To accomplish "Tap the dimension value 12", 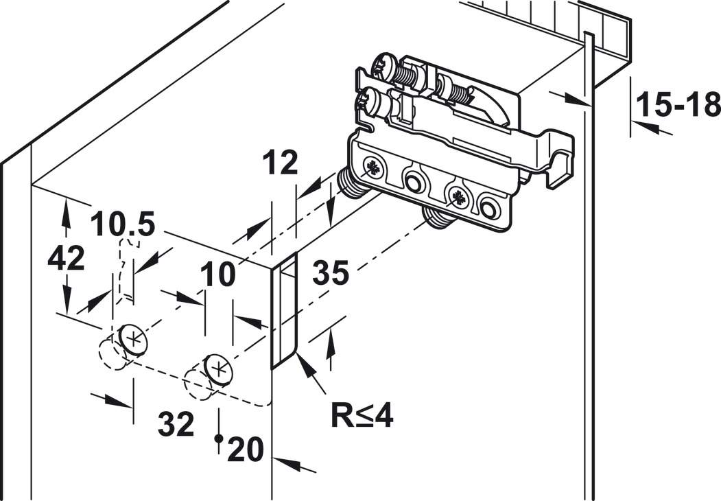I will tap(279, 164).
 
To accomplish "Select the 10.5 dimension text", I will tap(123, 224).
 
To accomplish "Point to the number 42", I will tap(66, 259).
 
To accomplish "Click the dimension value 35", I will tap(331, 273).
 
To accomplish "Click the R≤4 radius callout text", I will tap(362, 415).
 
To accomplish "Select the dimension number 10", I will tap(217, 275).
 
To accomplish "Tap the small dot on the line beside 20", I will tap(218, 438).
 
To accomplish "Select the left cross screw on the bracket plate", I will tap(375, 167).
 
